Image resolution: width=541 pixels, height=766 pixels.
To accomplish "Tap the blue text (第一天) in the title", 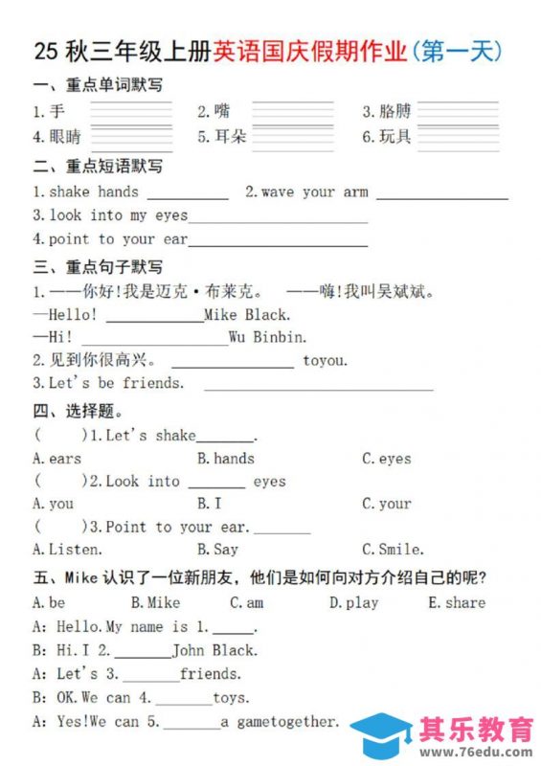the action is click(457, 51).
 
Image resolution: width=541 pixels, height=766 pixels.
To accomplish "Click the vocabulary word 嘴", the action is click(222, 111).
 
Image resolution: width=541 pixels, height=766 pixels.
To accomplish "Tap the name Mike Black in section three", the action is click(247, 314).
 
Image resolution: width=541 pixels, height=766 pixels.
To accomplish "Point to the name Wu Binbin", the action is click(268, 337).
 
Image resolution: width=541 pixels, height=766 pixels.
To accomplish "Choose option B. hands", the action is click(226, 459).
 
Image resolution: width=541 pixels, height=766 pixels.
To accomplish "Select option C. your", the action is click(387, 504).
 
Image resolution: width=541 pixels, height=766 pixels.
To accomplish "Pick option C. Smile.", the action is click(393, 550).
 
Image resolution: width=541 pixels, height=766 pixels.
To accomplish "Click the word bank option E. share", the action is click(457, 603).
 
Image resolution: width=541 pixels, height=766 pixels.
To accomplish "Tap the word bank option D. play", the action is click(354, 603).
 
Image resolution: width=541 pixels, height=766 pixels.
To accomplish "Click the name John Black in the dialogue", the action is click(214, 650).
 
